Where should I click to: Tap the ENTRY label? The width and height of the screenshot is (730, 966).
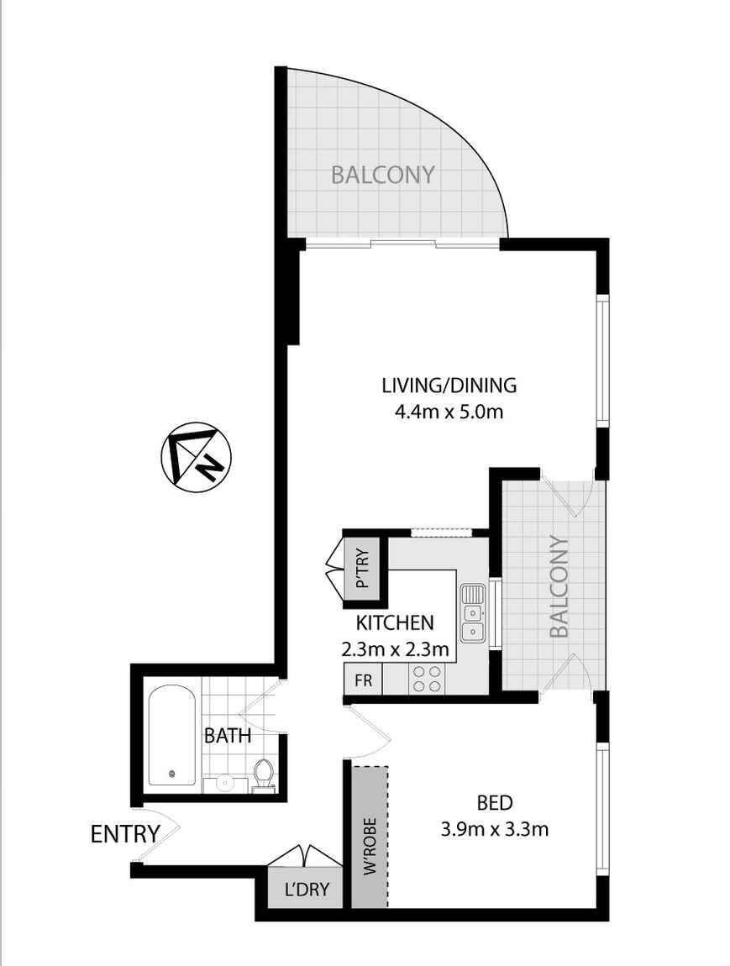point(125,834)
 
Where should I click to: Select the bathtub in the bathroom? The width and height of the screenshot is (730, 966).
point(172,737)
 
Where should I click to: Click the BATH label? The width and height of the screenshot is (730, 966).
point(228,736)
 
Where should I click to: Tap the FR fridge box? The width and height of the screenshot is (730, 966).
point(363,680)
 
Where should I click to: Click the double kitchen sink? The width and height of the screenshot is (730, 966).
point(472,612)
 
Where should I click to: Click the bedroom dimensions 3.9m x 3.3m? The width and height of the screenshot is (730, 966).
point(494,830)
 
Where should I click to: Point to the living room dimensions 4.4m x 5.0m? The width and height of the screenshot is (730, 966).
point(449,412)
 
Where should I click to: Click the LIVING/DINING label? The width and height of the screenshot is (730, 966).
point(449,386)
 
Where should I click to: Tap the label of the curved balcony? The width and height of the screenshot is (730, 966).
point(383,175)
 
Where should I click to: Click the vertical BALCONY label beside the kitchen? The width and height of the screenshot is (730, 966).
point(559,585)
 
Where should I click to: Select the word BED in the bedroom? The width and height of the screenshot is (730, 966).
point(495,802)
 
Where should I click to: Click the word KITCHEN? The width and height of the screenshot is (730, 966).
point(395,622)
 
